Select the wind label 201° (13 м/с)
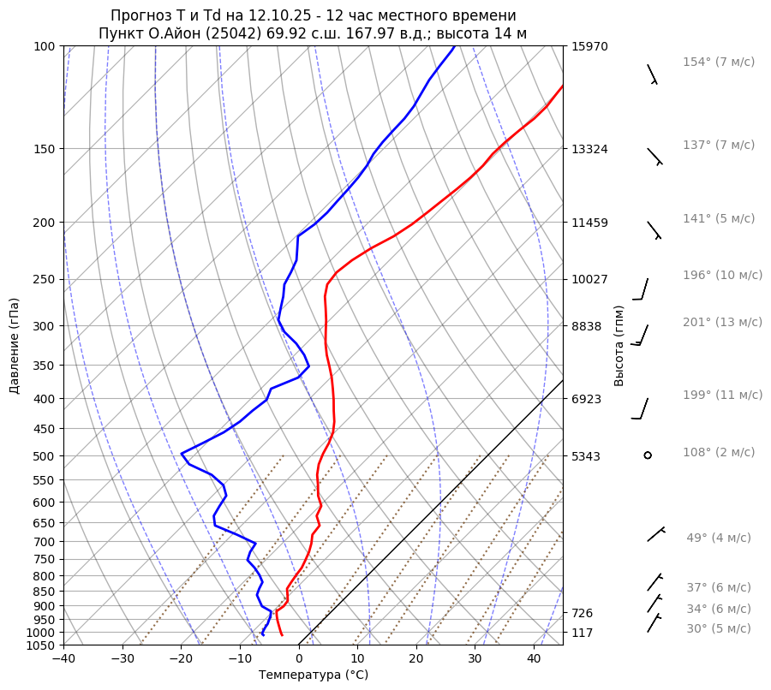[x=722, y=323]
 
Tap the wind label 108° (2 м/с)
[x=719, y=453]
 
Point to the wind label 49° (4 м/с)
[x=718, y=538]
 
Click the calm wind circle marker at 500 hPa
[x=648, y=455]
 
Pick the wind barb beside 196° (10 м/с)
[x=642, y=289]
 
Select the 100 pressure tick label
[x=45, y=46]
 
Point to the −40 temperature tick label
[x=63, y=659]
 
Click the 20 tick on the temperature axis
[x=416, y=659]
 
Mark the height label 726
[x=583, y=613]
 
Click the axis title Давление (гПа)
[x=15, y=346]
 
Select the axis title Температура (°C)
[x=314, y=675]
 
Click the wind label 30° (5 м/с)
[x=718, y=629]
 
